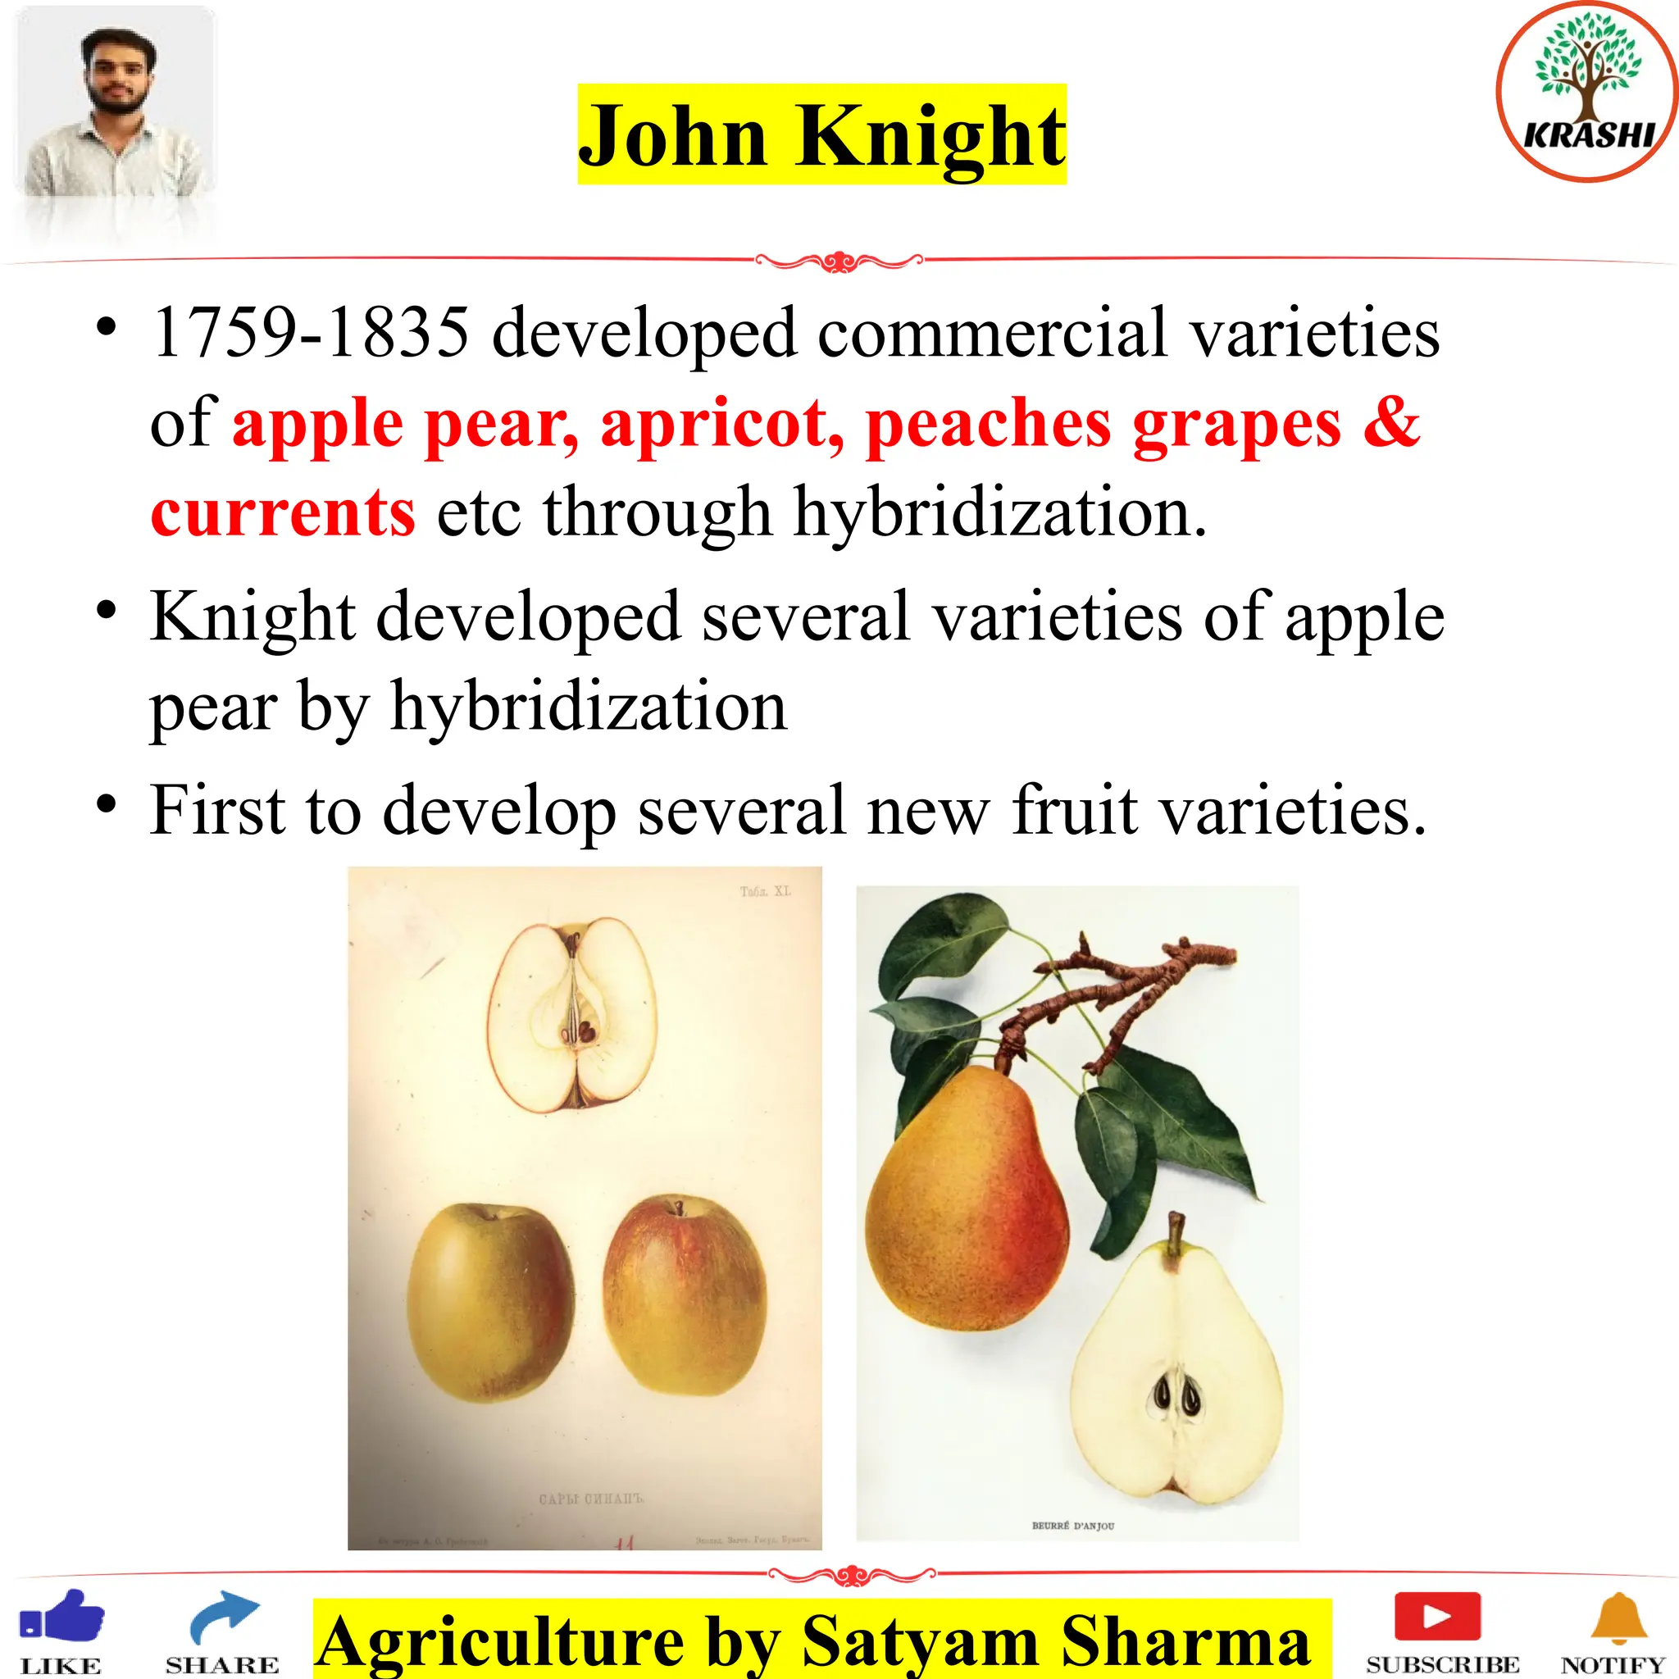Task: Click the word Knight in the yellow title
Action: [x=929, y=136]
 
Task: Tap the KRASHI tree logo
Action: [x=1588, y=90]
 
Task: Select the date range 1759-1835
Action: [x=310, y=333]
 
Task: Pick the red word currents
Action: [x=283, y=512]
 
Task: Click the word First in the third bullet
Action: [x=216, y=811]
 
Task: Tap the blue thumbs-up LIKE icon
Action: [x=62, y=1618]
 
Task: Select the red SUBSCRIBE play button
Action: [x=1437, y=1616]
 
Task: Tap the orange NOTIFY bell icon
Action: [x=1618, y=1618]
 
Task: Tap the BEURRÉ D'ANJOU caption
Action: [x=1072, y=1526]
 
